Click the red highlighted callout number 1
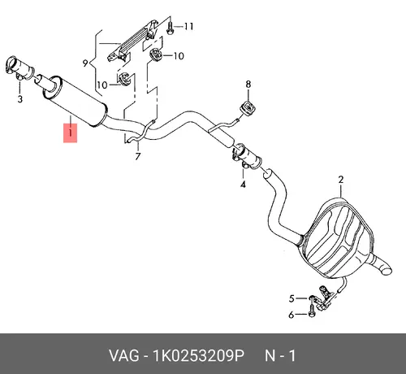(70, 133)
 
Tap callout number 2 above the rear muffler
(341, 180)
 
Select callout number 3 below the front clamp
(20, 99)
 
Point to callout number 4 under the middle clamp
(243, 185)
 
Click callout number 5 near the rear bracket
(292, 298)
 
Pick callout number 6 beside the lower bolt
(292, 315)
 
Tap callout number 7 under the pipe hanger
(138, 157)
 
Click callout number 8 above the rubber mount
(248, 85)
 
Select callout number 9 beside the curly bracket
(85, 63)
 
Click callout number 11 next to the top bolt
(188, 26)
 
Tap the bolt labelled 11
(170, 28)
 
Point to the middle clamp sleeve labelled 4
(247, 157)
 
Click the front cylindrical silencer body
(75, 101)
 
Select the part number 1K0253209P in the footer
(199, 356)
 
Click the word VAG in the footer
(124, 356)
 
